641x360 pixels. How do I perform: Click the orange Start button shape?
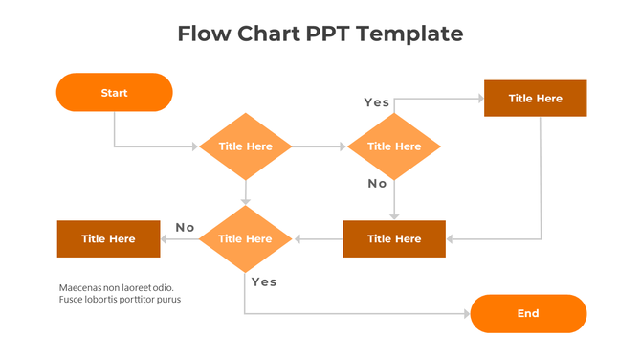point(114,93)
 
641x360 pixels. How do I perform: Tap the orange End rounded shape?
point(528,313)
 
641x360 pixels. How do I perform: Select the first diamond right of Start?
point(246,146)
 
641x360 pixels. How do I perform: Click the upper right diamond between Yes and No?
point(393,146)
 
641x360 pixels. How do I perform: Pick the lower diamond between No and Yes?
point(246,238)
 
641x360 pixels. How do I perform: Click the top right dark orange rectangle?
point(535,98)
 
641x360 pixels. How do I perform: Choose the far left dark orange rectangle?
point(108,238)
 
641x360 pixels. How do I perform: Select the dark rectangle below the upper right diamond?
point(394,238)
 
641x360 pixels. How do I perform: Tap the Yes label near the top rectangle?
point(377,102)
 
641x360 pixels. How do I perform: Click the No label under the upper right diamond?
point(378,183)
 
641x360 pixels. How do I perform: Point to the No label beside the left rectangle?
point(185,227)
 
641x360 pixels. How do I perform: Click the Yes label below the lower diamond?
point(264,281)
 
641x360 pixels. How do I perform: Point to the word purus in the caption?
point(168,300)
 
